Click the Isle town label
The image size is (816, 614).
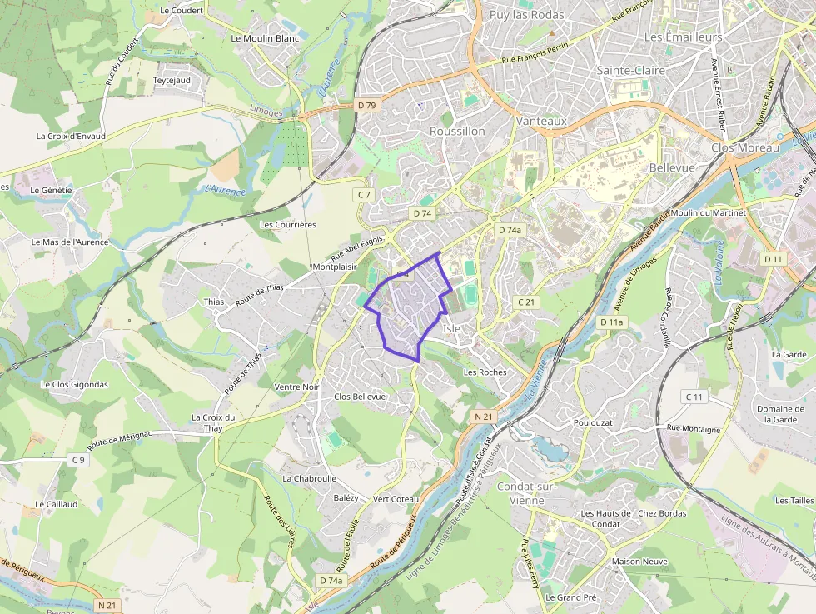point(452,328)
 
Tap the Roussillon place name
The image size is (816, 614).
point(457,132)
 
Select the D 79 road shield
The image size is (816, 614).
point(366,105)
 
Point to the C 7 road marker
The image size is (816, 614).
point(363,194)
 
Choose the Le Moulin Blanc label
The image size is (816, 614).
point(264,38)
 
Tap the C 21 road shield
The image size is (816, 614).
point(525,302)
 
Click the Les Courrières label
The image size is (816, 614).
point(288,225)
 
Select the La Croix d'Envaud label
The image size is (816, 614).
point(71,136)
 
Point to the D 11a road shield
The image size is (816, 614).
point(611,322)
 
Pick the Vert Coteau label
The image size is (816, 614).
point(396,499)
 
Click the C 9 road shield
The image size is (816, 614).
point(78,460)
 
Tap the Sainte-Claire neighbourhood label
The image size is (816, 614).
point(631,71)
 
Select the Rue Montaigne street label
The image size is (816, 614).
point(694,429)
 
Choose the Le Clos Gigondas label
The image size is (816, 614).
point(74,385)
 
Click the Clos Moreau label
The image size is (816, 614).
point(745,147)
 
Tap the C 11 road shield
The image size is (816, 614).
point(694,397)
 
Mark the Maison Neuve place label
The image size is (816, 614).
point(638,562)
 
